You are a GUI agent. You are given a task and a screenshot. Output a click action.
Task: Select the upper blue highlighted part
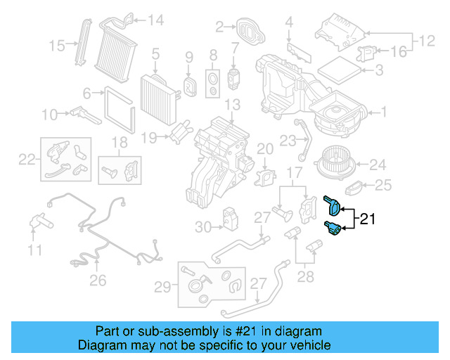coord(332,205)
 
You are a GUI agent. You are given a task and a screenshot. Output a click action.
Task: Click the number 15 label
coord(57,46)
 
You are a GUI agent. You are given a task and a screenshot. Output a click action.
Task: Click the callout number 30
coord(202,226)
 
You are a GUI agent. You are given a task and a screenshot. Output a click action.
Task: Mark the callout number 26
coord(98,280)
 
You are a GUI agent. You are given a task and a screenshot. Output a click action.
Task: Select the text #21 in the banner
coord(251,331)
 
